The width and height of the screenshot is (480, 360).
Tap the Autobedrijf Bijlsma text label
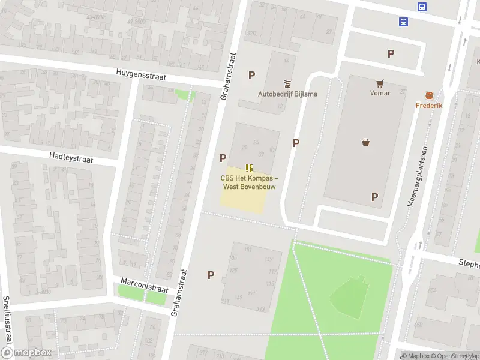[x=287, y=94]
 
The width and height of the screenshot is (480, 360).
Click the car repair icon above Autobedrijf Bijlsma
[x=287, y=83]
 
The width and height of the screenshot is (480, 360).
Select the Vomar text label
[x=380, y=93]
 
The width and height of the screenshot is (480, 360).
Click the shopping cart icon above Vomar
[x=380, y=83]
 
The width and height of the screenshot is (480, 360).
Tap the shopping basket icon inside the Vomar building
[x=365, y=142]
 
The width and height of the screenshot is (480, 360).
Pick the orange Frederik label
[x=429, y=106]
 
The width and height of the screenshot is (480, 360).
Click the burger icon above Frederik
[x=429, y=95]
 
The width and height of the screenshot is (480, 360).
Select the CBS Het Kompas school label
[x=249, y=182]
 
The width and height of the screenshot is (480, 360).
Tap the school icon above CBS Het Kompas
[x=249, y=168]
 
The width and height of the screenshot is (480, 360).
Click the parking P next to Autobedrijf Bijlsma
[x=252, y=75]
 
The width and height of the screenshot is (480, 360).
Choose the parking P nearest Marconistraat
[x=211, y=275]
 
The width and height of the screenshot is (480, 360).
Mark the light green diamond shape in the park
[x=349, y=297]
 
